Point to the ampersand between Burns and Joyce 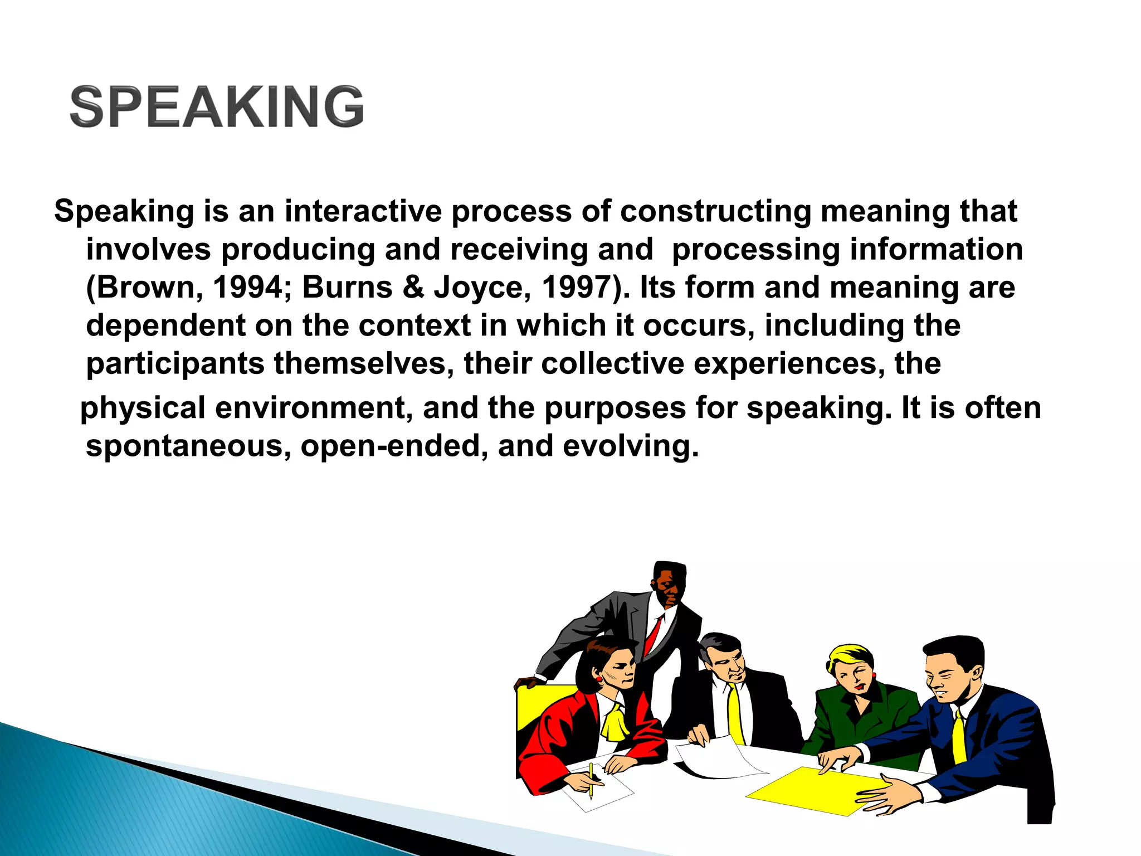[413, 288]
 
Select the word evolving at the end [630, 447]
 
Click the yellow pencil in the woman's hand [591, 780]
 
